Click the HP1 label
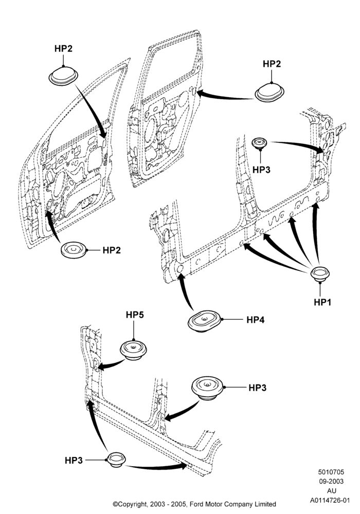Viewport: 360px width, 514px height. (322, 302)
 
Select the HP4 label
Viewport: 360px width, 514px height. (256, 319)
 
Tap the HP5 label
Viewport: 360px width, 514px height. (135, 315)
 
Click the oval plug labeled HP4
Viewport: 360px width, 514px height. (205, 321)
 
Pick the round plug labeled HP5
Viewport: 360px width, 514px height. (133, 350)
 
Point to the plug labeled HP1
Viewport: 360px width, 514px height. (320, 274)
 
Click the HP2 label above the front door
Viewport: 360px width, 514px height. (63, 48)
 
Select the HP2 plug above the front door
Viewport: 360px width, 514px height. (63, 77)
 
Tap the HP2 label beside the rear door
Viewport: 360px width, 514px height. (272, 64)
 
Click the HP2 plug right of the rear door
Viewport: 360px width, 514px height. (269, 93)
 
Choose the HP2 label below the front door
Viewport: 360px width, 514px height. (112, 250)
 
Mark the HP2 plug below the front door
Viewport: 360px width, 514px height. (74, 250)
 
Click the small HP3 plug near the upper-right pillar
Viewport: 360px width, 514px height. (259, 143)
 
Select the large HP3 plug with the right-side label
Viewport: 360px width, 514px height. (207, 388)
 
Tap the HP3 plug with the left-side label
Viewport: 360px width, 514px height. (116, 460)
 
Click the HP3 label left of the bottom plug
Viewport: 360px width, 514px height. (74, 460)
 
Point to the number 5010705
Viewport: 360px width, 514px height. (331, 472)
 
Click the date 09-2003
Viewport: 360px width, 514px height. (331, 481)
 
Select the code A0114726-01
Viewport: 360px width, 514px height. (330, 500)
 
